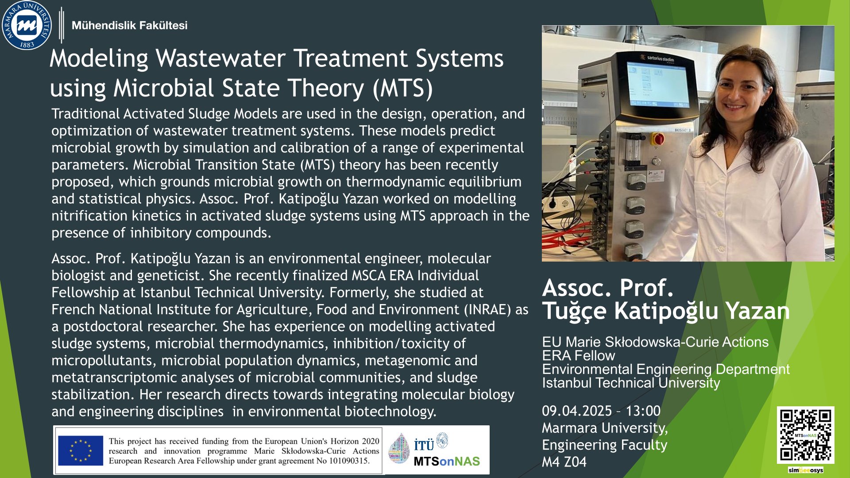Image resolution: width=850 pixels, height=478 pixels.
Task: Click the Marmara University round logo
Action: coord(27,25)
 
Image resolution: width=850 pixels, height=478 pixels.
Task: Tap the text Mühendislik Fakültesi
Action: coord(129,26)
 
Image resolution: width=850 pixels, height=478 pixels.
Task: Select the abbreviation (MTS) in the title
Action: coord(403,88)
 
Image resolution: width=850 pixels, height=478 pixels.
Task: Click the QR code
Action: coord(805,435)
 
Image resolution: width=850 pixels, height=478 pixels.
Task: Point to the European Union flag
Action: coord(81,451)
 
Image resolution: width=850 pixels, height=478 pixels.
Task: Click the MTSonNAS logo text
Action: coord(447,462)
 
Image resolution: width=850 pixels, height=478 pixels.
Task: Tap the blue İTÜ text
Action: coord(424,445)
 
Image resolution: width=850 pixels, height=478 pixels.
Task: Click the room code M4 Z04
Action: coord(564,462)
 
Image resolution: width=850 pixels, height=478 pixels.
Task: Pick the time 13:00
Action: coord(643,411)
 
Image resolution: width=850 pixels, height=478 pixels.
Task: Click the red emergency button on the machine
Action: coord(657,139)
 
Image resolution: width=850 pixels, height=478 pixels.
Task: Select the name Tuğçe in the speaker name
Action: coord(575,311)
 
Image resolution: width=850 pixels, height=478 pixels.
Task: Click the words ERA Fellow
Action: coord(579,356)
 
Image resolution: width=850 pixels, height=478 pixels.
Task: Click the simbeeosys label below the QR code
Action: coord(805,470)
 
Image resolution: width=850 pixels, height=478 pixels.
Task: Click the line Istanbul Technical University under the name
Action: coord(631,383)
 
